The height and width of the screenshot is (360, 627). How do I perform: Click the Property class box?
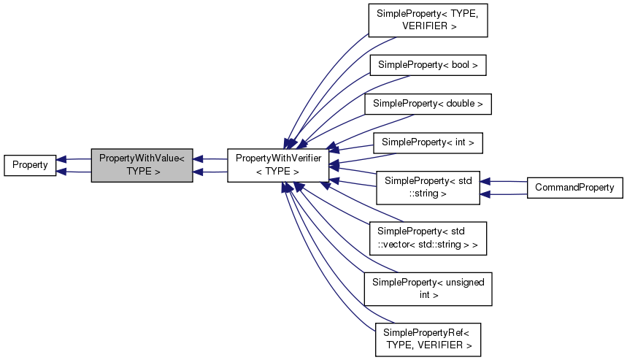pos(30,165)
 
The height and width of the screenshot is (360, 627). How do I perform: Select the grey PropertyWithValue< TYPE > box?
pos(142,165)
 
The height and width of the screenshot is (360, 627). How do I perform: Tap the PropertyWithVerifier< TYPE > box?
pos(278,165)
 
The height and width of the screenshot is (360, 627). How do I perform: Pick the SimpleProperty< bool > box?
pos(428,65)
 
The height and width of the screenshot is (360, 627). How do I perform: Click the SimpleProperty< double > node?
pos(428,104)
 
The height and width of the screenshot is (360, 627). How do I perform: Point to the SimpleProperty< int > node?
pos(428,142)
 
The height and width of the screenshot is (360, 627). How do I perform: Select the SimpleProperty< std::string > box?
pos(427,187)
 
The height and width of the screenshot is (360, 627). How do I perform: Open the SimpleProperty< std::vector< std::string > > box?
pos(427,238)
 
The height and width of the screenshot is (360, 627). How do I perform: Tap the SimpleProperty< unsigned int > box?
pos(428,288)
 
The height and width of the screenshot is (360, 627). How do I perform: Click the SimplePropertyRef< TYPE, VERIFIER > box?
pos(428,339)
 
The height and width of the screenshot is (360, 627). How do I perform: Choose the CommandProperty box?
pos(574,188)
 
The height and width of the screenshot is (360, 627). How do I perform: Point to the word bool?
pos(461,65)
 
